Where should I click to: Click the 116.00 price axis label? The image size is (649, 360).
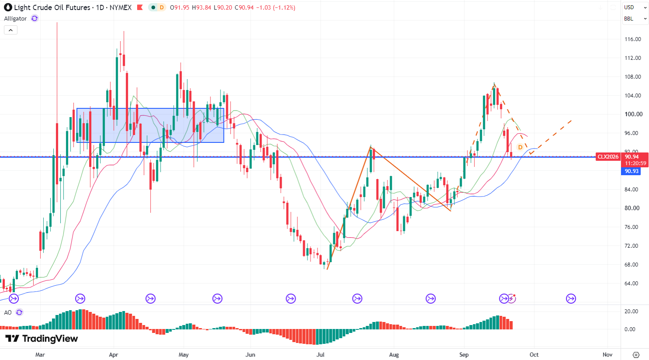tap(632, 39)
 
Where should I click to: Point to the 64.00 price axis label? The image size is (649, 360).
tap(632, 283)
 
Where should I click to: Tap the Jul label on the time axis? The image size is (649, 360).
tap(320, 354)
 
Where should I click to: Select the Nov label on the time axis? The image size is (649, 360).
tap(607, 354)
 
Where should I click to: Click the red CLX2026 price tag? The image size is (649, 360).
tap(608, 157)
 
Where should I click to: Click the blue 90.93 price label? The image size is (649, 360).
tap(632, 171)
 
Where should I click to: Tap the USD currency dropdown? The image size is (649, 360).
tap(635, 7)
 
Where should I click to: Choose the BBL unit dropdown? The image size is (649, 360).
tap(635, 18)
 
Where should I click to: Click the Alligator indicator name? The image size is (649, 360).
tap(15, 18)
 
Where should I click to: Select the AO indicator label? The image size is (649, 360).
tap(8, 312)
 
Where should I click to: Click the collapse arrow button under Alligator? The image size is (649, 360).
tap(11, 30)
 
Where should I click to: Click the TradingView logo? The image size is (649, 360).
tap(42, 338)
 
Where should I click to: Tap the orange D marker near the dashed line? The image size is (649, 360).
tap(520, 147)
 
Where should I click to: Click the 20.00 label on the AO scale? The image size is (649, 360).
tap(631, 312)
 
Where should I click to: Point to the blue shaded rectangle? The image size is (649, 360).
tap(150, 125)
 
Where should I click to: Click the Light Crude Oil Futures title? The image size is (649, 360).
tap(52, 7)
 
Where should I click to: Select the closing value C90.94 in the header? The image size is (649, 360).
tap(244, 7)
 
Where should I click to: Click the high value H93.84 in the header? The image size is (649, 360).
tap(201, 7)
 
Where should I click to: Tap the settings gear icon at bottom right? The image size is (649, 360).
tap(636, 355)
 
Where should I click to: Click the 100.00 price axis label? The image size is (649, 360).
tap(633, 114)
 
